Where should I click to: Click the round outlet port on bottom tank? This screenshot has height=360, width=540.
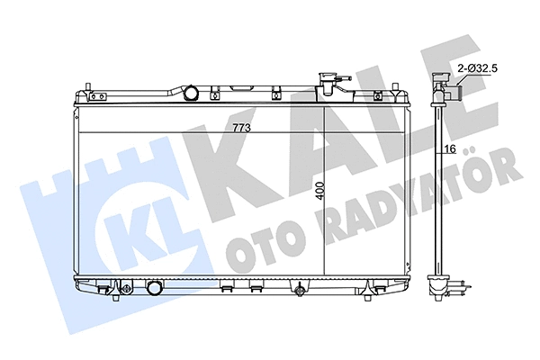[155, 290]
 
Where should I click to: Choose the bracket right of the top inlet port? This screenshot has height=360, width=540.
[217, 91]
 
